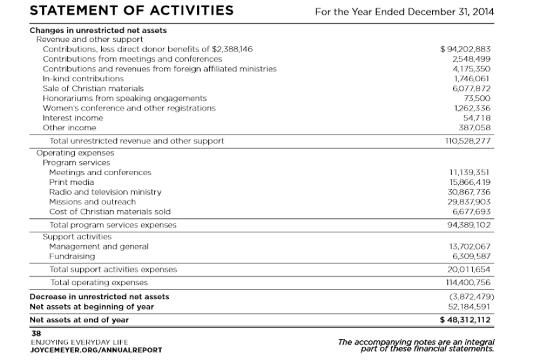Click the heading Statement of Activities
point(132,11)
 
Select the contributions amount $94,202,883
point(466,49)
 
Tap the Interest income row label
point(69,118)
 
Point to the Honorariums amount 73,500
point(478,98)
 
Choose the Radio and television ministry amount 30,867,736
point(469,192)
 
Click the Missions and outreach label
point(92,202)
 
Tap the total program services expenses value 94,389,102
point(469,225)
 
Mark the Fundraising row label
point(72,256)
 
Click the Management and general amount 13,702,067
point(469,246)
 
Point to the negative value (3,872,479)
point(471,297)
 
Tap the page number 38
point(36,333)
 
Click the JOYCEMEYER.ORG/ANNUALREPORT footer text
point(87,350)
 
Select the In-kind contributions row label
point(83,79)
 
